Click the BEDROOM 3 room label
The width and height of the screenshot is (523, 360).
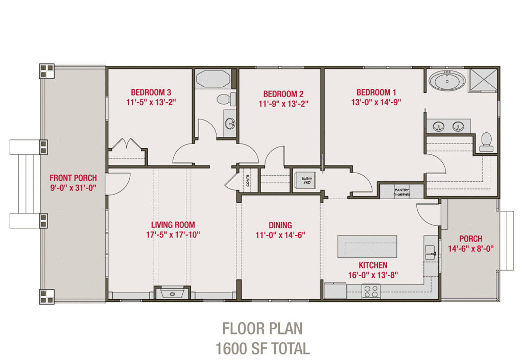pos(151,92)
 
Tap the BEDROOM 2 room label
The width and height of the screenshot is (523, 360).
pos(283,94)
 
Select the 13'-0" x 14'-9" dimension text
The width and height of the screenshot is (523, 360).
pos(376,102)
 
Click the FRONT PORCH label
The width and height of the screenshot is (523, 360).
pos(73,178)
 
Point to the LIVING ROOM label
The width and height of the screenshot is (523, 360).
pos(173,225)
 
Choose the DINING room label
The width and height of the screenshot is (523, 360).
pos(280,225)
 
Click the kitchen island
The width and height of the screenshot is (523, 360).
pos(367,246)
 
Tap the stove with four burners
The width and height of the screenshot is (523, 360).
pos(371,291)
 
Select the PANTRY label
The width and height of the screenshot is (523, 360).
pos(401,188)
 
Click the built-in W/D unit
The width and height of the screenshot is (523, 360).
pos(306,179)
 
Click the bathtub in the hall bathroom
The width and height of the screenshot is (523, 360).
pos(213,79)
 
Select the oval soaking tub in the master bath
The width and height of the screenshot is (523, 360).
pos(447,81)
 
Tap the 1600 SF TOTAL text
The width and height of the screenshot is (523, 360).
pos(263,349)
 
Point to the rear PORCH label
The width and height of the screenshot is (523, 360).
pos(470,239)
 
